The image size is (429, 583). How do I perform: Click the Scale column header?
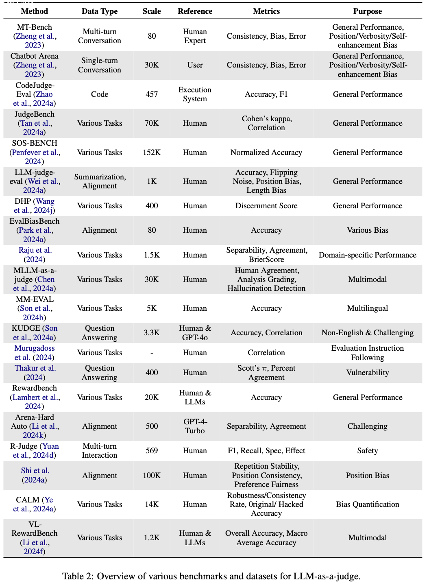(152, 11)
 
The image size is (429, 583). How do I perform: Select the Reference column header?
(195, 11)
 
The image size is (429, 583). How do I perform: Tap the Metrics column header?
(266, 11)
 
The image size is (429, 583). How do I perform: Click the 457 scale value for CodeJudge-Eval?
(152, 94)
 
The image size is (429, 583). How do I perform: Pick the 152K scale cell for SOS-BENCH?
(152, 153)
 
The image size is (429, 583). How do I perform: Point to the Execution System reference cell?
(195, 94)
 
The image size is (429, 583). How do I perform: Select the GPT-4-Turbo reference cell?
(195, 426)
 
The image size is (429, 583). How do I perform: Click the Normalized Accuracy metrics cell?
(266, 153)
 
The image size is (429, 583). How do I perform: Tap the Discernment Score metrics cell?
(266, 206)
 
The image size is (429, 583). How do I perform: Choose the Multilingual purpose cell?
(368, 308)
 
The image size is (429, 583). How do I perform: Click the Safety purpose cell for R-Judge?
(368, 451)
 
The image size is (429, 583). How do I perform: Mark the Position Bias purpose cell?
(368, 476)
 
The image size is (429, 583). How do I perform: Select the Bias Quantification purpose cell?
(368, 504)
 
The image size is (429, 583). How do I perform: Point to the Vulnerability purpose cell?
(368, 373)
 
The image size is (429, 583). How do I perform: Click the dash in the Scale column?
(152, 353)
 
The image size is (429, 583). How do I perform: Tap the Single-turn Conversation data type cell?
(100, 65)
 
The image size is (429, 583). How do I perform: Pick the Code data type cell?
(100, 94)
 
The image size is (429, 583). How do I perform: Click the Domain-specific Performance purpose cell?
(368, 255)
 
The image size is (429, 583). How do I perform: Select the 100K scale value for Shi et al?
(152, 476)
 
